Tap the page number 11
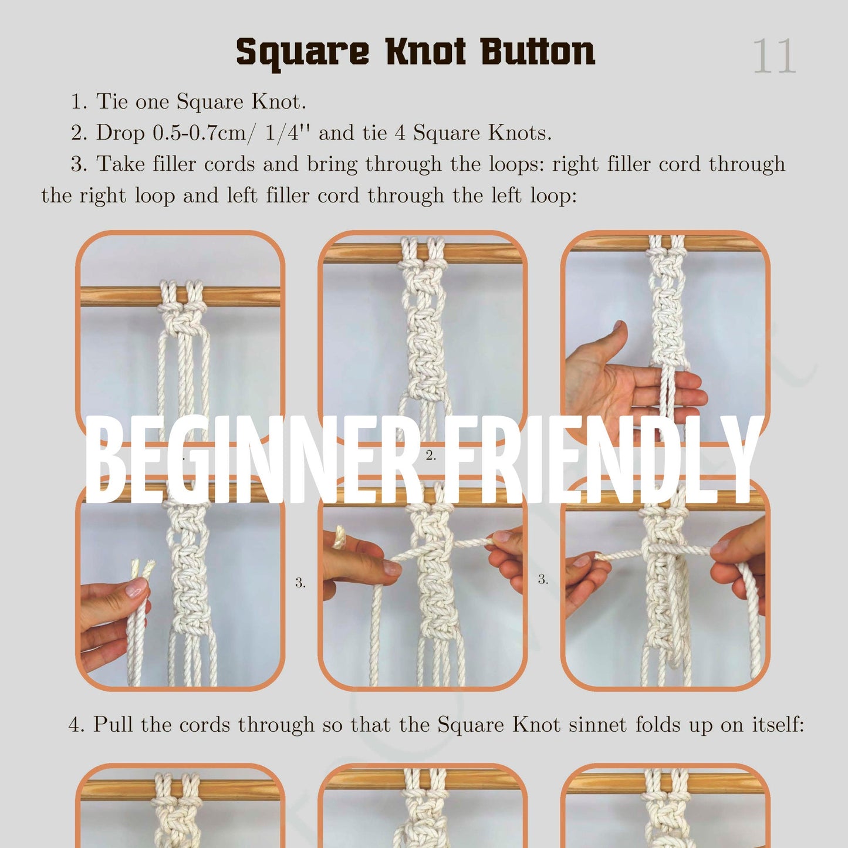[x=774, y=57]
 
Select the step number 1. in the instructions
[x=79, y=102]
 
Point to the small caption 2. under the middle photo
[x=431, y=455]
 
